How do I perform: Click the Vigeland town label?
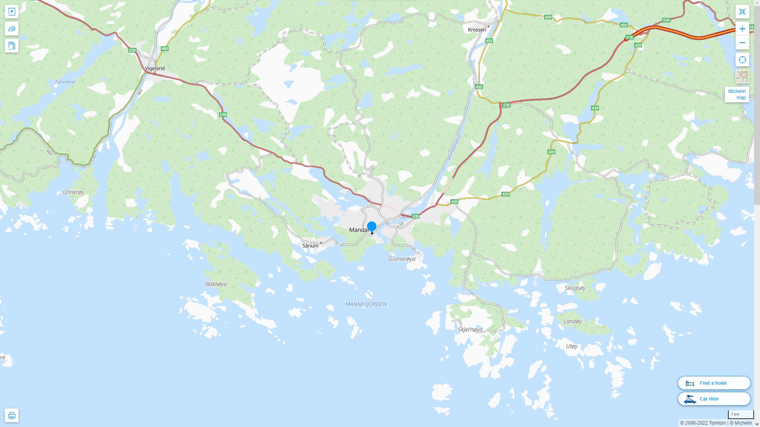pyautogui.click(x=154, y=68)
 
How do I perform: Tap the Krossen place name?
pyautogui.click(x=477, y=30)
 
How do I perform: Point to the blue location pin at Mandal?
pyautogui.click(x=371, y=227)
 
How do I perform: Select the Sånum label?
pyautogui.click(x=310, y=246)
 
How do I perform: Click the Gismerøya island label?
pyautogui.click(x=402, y=259)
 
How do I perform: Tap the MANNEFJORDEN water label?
pyautogui.click(x=366, y=304)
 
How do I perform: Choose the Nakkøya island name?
pyautogui.click(x=216, y=284)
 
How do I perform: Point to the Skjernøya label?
pyautogui.click(x=470, y=329)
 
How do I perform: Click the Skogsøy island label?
pyautogui.click(x=575, y=288)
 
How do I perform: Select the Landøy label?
pyautogui.click(x=572, y=321)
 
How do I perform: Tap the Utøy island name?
pyautogui.click(x=572, y=346)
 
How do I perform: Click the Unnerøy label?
pyautogui.click(x=74, y=192)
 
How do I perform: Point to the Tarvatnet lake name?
pyautogui.click(x=65, y=82)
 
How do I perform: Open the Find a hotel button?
pyautogui.click(x=714, y=383)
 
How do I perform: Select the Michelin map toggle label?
pyautogui.click(x=737, y=94)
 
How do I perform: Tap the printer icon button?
pyautogui.click(x=11, y=416)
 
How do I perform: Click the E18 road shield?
pyautogui.click(x=629, y=38)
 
